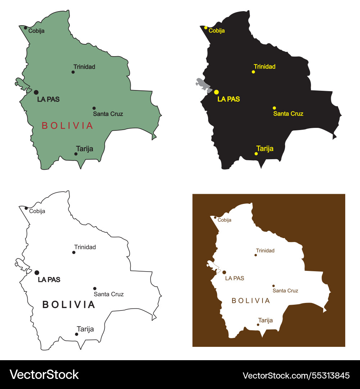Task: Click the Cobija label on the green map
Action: (x=36, y=31)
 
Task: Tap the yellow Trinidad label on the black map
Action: (x=265, y=67)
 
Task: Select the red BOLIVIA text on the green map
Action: (x=67, y=126)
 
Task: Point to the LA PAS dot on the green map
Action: (x=36, y=92)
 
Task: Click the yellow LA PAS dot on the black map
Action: (x=216, y=92)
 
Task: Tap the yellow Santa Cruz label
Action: (x=288, y=114)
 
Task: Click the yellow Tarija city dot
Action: (x=256, y=154)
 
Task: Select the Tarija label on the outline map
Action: (x=85, y=329)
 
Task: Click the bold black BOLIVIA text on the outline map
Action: (x=69, y=305)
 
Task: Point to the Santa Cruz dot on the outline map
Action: (x=95, y=289)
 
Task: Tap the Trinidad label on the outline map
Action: (x=85, y=247)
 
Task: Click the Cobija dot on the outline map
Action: (x=26, y=208)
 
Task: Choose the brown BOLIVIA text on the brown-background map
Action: (x=251, y=301)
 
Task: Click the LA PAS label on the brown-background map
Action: (x=234, y=278)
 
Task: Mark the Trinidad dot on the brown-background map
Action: (x=256, y=255)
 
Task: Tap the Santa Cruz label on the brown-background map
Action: (x=285, y=291)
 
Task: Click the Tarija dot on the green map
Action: (x=76, y=154)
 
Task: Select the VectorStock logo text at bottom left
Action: (x=44, y=375)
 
